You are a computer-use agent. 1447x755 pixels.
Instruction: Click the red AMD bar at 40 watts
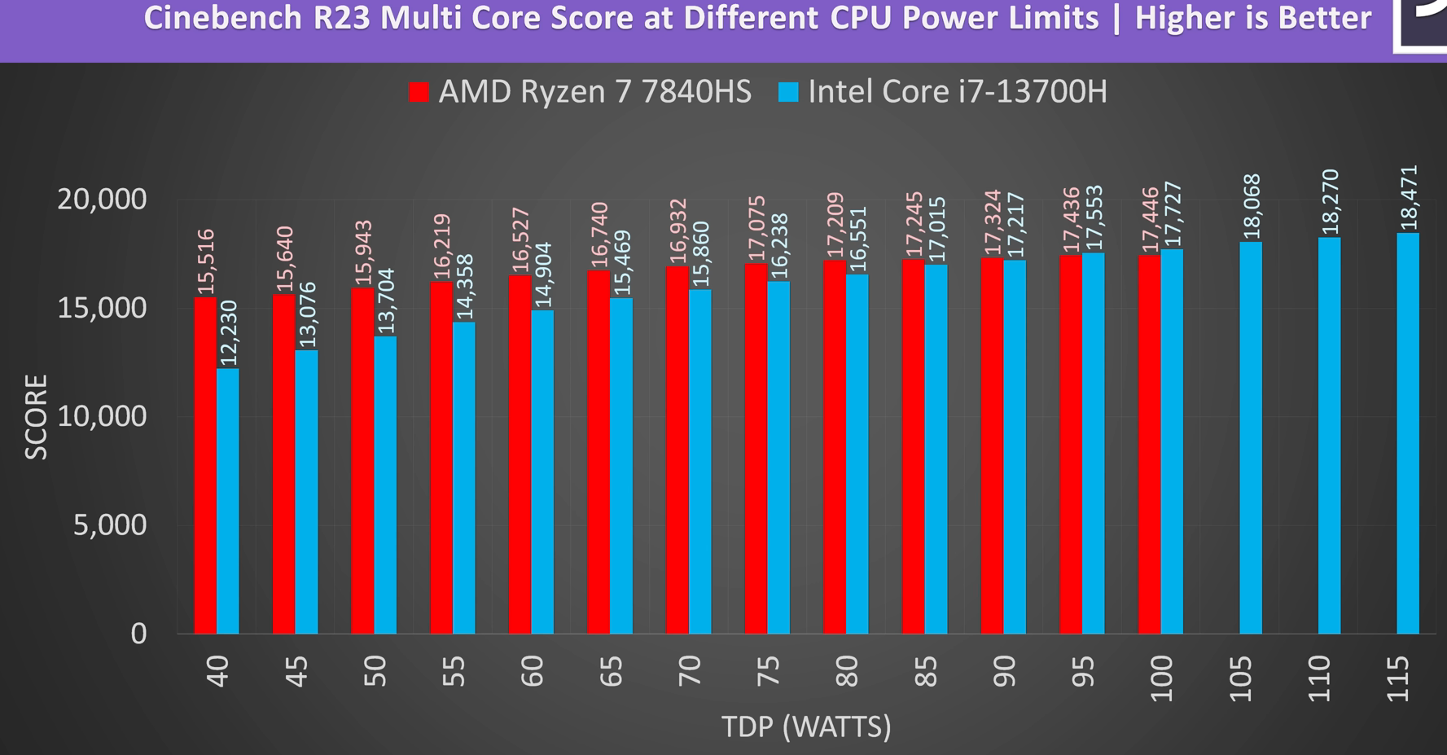(x=205, y=465)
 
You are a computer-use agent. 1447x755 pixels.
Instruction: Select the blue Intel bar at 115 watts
(x=1408, y=433)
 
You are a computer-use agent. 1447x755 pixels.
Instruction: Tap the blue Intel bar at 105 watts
(x=1251, y=437)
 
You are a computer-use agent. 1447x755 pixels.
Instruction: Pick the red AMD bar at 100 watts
(x=1149, y=445)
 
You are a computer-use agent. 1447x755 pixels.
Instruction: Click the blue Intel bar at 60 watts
(x=542, y=472)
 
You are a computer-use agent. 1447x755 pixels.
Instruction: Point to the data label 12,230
(x=229, y=334)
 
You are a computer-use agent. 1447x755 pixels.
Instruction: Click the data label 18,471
(x=1409, y=198)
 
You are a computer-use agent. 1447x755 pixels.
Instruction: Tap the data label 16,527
(x=520, y=240)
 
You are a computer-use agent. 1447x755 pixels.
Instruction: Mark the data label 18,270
(x=1330, y=202)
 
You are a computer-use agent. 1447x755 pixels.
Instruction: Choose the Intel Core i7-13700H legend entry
(x=944, y=92)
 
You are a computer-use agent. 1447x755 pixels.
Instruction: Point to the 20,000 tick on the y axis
(x=102, y=199)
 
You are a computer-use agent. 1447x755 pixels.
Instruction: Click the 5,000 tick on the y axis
(x=110, y=525)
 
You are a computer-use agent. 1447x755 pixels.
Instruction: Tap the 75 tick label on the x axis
(x=767, y=672)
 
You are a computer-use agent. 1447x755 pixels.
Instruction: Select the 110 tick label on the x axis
(x=1318, y=679)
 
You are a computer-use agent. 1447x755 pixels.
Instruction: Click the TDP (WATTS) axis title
(x=806, y=726)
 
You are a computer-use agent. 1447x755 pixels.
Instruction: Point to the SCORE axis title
(x=37, y=417)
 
